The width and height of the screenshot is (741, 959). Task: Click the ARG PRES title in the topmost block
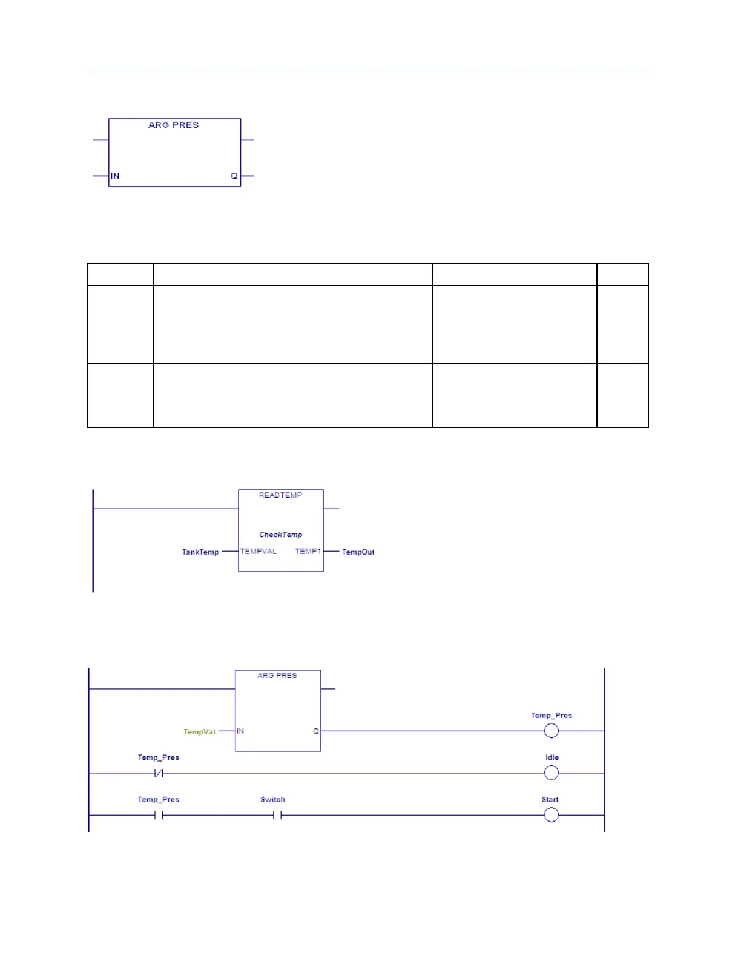click(173, 125)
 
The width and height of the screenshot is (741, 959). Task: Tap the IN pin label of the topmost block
click(115, 176)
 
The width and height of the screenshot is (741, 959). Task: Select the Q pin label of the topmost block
click(234, 176)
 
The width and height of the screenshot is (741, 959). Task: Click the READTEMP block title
click(280, 495)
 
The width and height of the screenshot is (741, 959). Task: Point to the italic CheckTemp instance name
click(280, 535)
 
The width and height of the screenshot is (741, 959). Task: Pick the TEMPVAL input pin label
click(259, 551)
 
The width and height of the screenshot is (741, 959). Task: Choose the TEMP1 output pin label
click(308, 551)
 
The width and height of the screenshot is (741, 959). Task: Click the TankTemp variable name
click(200, 552)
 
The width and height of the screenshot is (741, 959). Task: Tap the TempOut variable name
click(358, 552)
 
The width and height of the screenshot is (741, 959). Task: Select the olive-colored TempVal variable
click(199, 732)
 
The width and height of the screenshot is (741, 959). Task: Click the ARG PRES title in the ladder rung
click(277, 676)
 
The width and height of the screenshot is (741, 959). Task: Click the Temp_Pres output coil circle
click(551, 731)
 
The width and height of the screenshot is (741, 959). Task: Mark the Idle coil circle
click(551, 773)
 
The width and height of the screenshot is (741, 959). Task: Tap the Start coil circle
click(551, 815)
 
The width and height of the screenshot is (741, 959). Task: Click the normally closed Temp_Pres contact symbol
click(159, 773)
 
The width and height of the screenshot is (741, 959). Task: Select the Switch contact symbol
click(277, 816)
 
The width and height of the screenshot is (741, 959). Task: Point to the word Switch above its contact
click(272, 800)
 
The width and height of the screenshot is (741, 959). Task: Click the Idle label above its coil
click(552, 757)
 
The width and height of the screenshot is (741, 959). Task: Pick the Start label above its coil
click(550, 800)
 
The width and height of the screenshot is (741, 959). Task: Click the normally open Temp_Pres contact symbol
click(159, 816)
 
